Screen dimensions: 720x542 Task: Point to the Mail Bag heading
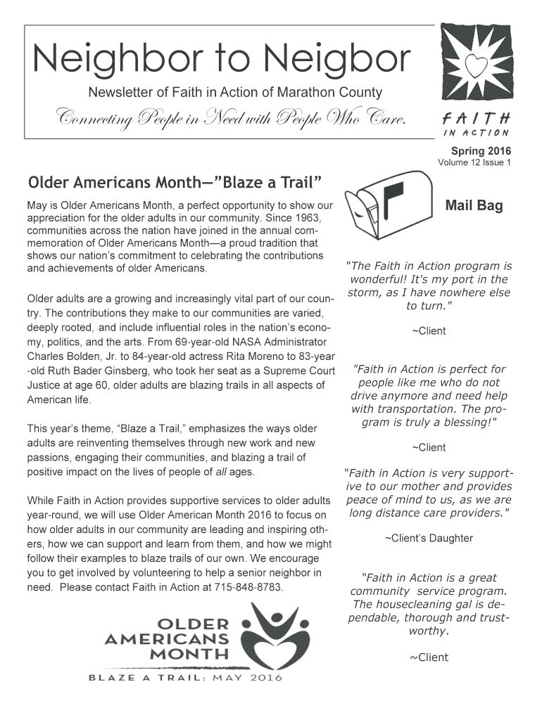474,206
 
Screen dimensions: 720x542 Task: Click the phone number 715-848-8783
250,587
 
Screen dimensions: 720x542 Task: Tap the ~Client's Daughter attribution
428,539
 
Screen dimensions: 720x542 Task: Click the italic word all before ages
218,472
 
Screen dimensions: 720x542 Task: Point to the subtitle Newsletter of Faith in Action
234,92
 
